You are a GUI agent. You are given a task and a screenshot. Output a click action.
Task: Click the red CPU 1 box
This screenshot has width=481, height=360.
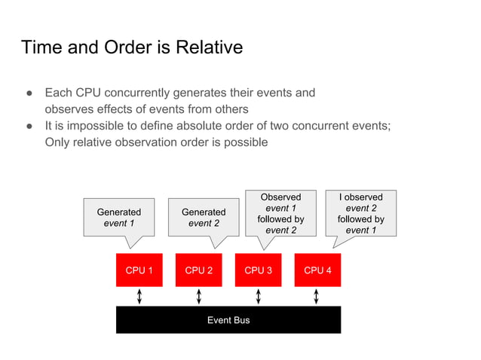coord(139,270)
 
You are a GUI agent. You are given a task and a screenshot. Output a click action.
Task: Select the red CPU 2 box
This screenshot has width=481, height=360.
coord(199,270)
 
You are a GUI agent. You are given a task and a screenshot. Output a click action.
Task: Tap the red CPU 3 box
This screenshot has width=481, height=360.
coord(259,270)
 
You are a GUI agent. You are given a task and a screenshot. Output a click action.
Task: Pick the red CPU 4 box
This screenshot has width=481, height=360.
coord(317,270)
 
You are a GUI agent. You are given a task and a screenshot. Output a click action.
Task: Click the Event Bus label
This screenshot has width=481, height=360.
coord(228,320)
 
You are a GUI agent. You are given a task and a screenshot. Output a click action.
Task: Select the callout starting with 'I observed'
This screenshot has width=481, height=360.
coord(360,213)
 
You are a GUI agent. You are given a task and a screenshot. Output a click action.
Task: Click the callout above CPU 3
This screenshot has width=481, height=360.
coord(280,213)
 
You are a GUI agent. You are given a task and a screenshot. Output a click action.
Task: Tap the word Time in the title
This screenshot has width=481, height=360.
coord(41,47)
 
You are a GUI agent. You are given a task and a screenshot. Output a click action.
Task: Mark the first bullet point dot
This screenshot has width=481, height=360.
coord(29,93)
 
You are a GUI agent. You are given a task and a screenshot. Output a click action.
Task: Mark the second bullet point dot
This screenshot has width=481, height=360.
coord(29,126)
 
